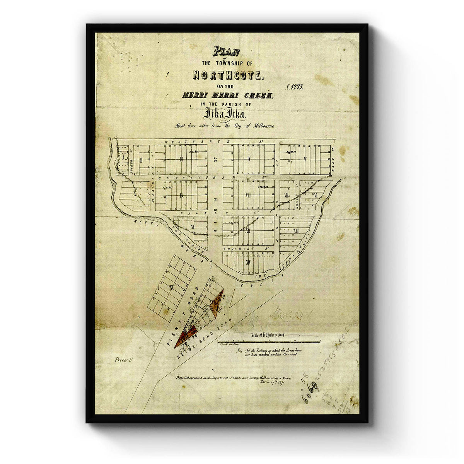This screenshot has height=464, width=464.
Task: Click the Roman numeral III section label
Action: pos(181,159)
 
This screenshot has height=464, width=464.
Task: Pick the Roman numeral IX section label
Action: pos(181,196)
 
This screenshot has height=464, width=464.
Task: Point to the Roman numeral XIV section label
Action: pos(248,262)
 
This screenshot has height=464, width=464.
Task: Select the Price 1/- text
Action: pos(122,360)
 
